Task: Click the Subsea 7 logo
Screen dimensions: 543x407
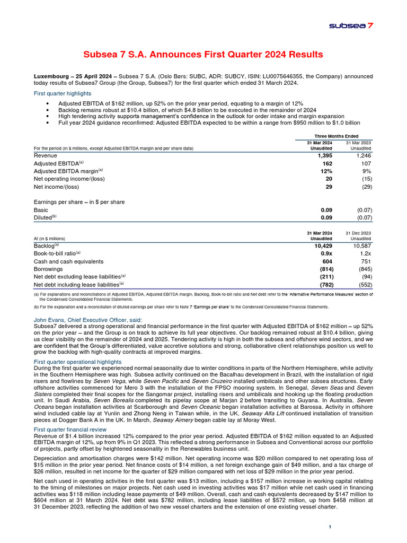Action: tap(351, 25)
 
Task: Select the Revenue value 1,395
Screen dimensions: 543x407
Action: tap(322, 156)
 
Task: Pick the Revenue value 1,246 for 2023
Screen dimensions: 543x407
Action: tap(361, 156)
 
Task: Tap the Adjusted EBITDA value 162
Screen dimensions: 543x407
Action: tap(325, 164)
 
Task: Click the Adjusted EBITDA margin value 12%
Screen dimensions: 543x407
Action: tap(325, 171)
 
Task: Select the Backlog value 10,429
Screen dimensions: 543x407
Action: tap(320, 246)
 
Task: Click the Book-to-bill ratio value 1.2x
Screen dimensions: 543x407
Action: tap(364, 253)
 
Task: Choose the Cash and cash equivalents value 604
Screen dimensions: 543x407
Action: tap(325, 261)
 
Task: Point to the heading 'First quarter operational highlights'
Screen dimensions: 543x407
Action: tap(78, 361)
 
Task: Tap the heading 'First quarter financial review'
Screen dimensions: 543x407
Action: tap(70, 429)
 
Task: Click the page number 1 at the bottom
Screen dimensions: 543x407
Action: tap(330, 527)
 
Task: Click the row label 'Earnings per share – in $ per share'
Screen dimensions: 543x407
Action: tap(79, 202)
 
